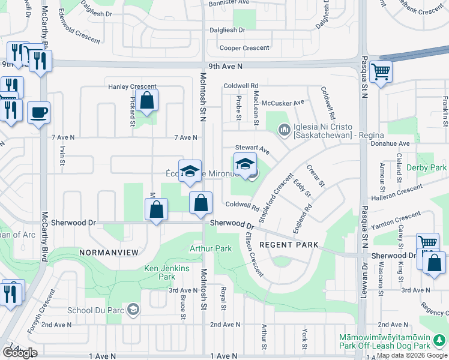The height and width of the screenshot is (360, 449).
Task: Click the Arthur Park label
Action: pyautogui.click(x=211, y=248)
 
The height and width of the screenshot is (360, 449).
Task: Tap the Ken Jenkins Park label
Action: pyautogui.click(x=159, y=272)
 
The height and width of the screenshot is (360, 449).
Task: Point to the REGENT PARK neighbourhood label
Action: pyautogui.click(x=285, y=245)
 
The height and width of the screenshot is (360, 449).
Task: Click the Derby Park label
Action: pyautogui.click(x=426, y=167)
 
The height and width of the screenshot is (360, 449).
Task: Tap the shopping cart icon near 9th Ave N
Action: pyautogui.click(x=381, y=73)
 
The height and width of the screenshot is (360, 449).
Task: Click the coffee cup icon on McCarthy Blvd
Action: pyautogui.click(x=38, y=112)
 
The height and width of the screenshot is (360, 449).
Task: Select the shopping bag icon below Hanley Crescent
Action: pyautogui.click(x=146, y=100)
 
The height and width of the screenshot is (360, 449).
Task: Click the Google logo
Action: pyautogui.click(x=20, y=353)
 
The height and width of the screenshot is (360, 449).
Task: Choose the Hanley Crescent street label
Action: pyautogui.click(x=132, y=86)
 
